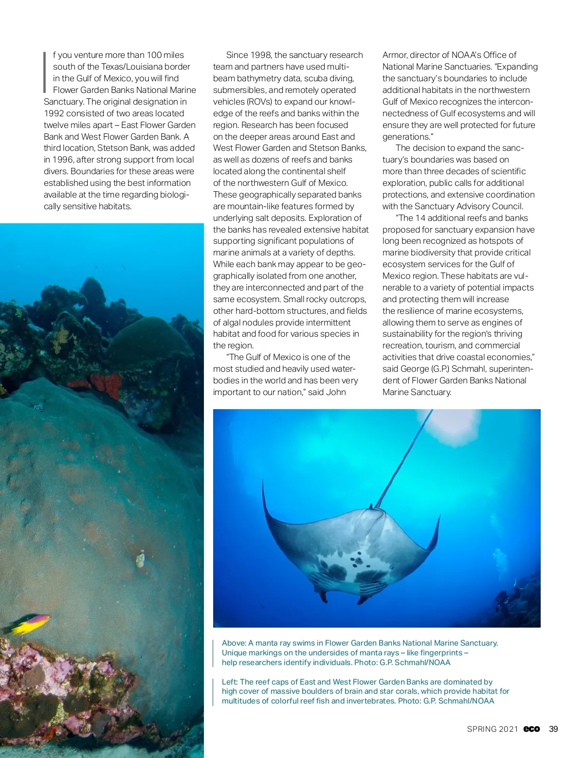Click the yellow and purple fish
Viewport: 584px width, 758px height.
point(30,624)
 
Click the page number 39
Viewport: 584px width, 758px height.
point(553,729)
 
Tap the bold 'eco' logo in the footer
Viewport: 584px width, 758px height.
point(531,729)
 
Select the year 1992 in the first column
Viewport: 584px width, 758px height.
point(54,113)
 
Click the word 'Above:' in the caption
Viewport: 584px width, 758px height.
point(234,643)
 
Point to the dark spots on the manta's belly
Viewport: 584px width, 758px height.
point(358,559)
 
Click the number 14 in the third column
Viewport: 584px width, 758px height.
point(421,218)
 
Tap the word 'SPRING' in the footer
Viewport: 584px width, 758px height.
point(482,729)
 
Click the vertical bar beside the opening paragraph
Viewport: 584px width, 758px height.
point(45,72)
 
